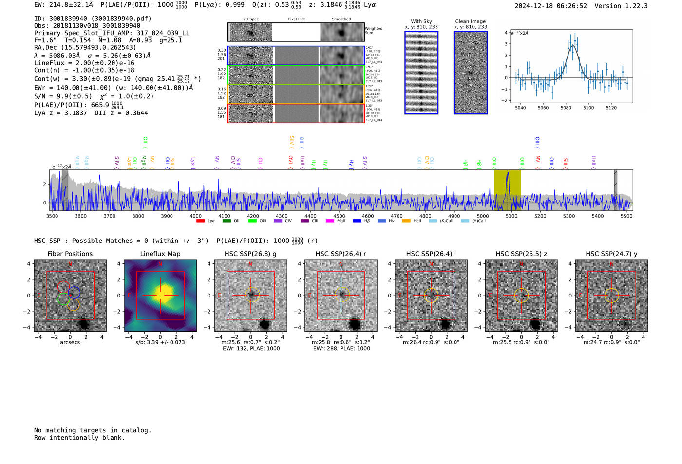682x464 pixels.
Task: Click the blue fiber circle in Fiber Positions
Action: [x=74, y=293]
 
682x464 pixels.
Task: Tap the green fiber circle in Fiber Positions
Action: [x=63, y=299]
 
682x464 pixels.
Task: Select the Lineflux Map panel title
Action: [x=160, y=254]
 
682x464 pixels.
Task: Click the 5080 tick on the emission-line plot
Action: [x=566, y=108]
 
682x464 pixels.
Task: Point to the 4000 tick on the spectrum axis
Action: [x=196, y=216]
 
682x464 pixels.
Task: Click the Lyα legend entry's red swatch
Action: [x=200, y=221]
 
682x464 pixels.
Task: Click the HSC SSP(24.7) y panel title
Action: [x=611, y=254]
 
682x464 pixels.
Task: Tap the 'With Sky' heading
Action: [x=421, y=21]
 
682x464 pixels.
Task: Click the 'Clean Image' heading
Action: [x=470, y=21]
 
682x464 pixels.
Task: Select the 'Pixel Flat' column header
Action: [x=296, y=19]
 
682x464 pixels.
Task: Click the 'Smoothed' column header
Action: [x=341, y=19]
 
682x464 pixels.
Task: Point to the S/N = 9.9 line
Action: [x=63, y=96]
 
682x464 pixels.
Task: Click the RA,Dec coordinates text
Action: [x=85, y=47]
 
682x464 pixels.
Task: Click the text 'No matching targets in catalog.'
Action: [x=93, y=430]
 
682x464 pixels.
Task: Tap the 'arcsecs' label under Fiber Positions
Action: [x=70, y=342]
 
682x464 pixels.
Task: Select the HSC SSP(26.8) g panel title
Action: [x=250, y=254]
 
